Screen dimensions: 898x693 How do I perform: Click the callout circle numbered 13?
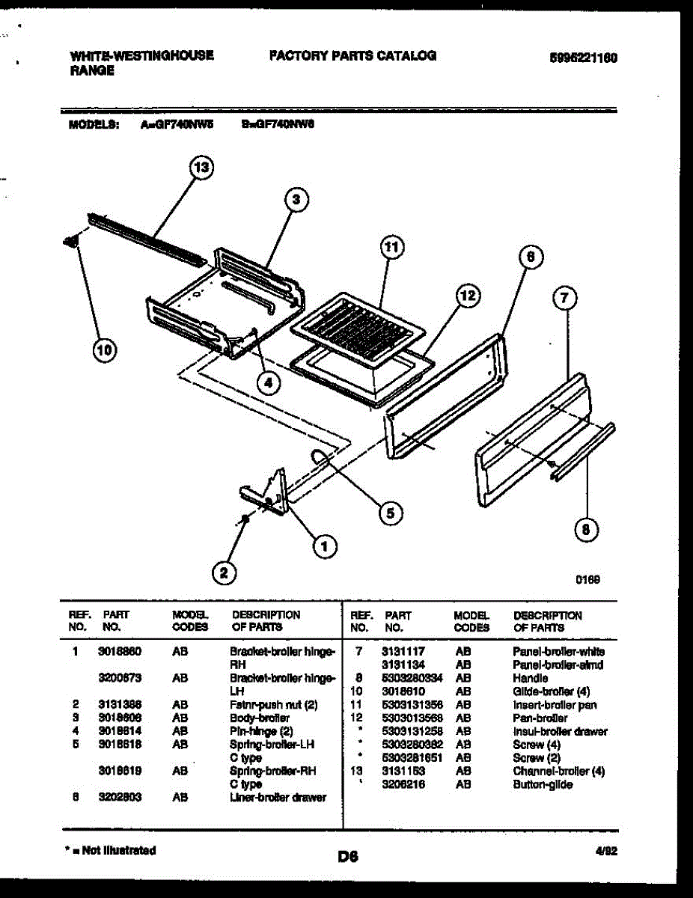201,168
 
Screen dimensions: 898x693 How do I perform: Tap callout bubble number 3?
296,199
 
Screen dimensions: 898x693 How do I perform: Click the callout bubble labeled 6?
529,257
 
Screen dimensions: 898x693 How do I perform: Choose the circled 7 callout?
564,299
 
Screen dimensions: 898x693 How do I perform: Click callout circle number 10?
106,349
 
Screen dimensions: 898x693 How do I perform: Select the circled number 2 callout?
222,573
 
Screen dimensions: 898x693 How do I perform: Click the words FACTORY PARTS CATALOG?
352,55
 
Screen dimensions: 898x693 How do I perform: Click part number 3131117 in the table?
403,652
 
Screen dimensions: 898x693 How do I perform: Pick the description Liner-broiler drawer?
278,797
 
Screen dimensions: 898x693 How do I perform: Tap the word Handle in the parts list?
530,678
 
